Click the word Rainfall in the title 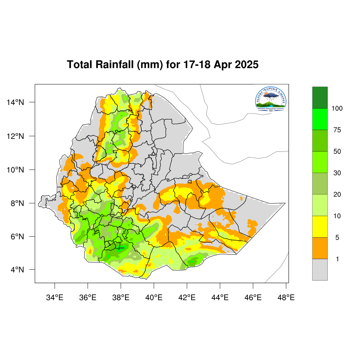114,65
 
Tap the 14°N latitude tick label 15,102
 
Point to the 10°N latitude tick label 15,170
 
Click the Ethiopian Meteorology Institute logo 271,99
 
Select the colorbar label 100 337,109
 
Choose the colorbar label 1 337,259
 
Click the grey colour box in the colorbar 320,270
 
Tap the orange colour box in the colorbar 320,248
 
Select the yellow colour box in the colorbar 320,227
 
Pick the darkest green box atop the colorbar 320,97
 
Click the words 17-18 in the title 198,65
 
